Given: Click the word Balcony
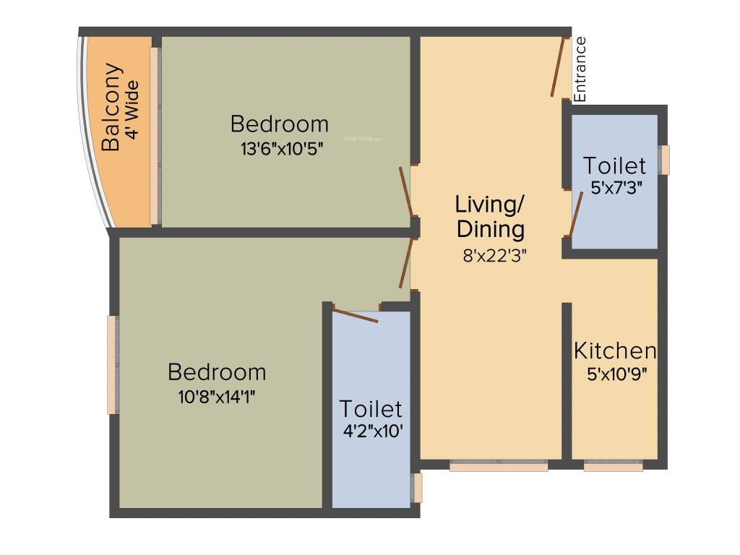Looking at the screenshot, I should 111,108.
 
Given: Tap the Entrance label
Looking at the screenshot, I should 580,69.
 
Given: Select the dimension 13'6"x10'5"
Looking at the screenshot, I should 280,149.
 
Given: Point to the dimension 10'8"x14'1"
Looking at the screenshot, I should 217,397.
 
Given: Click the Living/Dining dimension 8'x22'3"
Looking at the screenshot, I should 494,255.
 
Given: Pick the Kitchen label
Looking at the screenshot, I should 615,351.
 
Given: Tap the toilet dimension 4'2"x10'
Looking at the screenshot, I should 371,432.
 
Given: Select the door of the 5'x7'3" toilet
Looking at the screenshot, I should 575,215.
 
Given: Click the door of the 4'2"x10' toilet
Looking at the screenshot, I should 355,315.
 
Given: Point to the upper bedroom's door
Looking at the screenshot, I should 406,192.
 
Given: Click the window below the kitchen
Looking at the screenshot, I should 613,468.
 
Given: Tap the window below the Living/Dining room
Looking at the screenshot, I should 499,468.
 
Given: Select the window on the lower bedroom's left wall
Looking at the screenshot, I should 112,365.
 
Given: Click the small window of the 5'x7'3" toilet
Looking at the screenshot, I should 665,160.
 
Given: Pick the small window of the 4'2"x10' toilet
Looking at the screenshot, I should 417,487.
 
